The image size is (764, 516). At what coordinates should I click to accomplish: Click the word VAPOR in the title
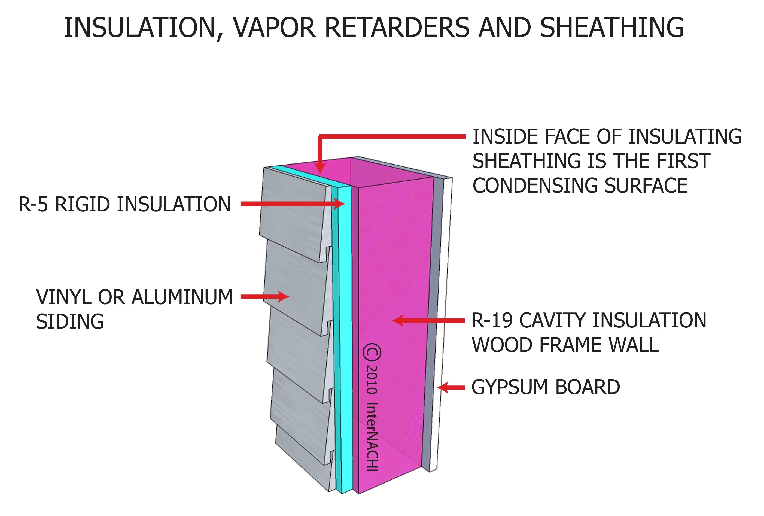pyautogui.click(x=274, y=28)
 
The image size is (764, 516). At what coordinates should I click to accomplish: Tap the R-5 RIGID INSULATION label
pyautogui.click(x=124, y=204)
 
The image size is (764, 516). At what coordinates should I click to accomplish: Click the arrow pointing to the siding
pyautogui.click(x=265, y=296)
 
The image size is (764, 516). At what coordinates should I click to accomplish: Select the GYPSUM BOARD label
pyautogui.click(x=545, y=387)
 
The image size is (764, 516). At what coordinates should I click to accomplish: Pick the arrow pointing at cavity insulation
pyautogui.click(x=427, y=320)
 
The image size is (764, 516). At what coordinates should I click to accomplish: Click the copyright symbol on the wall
pyautogui.click(x=372, y=352)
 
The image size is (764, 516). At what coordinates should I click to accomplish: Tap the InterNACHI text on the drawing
pyautogui.click(x=372, y=437)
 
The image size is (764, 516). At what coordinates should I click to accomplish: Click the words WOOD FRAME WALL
pyautogui.click(x=565, y=345)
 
